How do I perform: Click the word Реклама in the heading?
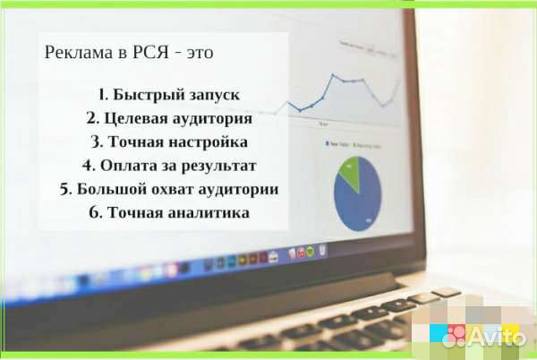pyautogui.click(x=79, y=53)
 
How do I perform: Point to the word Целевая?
pyautogui.click(x=135, y=118)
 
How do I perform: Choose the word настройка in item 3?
pyautogui.click(x=209, y=142)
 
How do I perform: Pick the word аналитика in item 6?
pyautogui.click(x=209, y=213)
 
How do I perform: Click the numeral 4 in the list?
pyautogui.click(x=88, y=166)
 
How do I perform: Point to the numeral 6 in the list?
pyautogui.click(x=94, y=213)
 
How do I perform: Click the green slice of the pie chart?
pyautogui.click(x=352, y=171)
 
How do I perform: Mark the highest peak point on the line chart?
pyautogui.click(x=333, y=74)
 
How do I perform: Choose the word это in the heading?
pyautogui.click(x=200, y=54)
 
